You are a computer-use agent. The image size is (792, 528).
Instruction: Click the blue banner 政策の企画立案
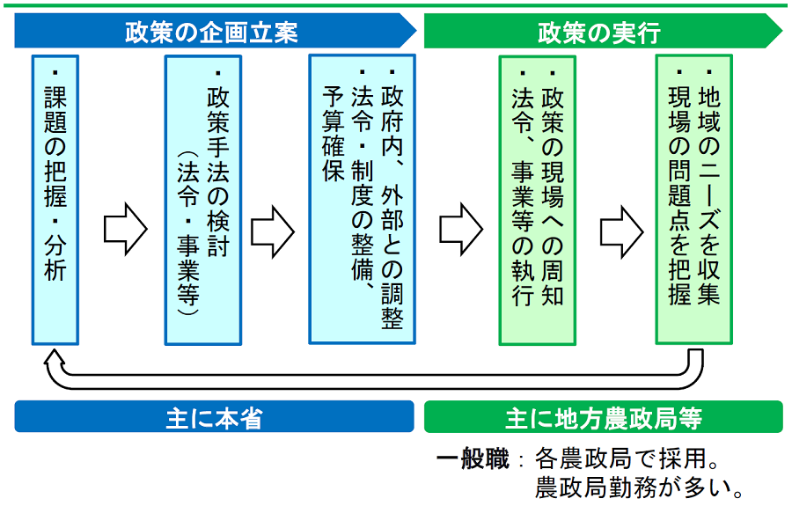[x=211, y=33]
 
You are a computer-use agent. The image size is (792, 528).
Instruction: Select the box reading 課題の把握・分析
[x=55, y=199]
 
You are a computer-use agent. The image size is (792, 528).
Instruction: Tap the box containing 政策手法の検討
[x=202, y=199]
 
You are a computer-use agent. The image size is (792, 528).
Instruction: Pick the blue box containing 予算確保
[x=363, y=199]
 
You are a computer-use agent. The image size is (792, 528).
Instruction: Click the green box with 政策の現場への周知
[x=537, y=199]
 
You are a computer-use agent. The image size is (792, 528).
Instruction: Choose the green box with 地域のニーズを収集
[x=693, y=199]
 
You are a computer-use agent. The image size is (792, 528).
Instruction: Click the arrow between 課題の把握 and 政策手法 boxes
[x=125, y=227]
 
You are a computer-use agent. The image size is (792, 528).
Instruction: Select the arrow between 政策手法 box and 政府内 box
[x=272, y=227]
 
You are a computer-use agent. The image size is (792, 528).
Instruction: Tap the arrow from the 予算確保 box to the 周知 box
[x=461, y=227]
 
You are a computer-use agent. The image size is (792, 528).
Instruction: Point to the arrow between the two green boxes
[x=622, y=227]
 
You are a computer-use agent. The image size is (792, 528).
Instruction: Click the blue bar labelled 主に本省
[x=214, y=417]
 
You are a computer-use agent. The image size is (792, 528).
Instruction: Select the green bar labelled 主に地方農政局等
[x=603, y=417]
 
